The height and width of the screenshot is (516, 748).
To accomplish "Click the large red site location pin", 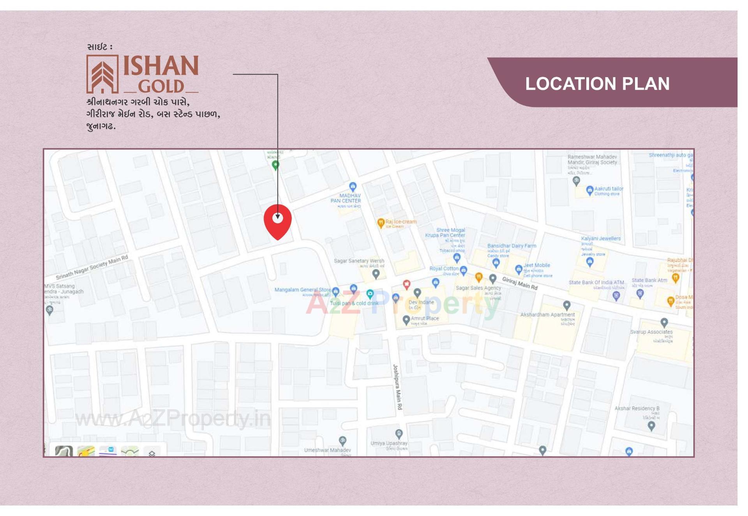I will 277,221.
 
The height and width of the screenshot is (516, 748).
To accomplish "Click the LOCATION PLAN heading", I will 597,84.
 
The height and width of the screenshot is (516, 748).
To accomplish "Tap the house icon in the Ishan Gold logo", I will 102,74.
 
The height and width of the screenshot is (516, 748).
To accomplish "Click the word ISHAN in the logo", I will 161,66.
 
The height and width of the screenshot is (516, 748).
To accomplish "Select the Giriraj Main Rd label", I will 520,283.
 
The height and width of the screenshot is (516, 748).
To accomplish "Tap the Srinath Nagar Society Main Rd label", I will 92,267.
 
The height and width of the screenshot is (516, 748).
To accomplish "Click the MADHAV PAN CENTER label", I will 346,198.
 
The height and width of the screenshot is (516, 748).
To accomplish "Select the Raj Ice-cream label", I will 401,222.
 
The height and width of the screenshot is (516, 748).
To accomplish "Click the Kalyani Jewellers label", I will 601,238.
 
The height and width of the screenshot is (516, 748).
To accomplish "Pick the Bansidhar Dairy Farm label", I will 512,246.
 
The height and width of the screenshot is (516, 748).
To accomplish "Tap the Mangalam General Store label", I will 302,290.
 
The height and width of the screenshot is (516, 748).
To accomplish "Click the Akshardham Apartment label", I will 547,315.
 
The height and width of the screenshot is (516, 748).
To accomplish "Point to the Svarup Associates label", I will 651,332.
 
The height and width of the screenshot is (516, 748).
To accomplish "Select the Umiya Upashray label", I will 389,443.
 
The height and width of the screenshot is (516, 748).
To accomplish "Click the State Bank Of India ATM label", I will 596,282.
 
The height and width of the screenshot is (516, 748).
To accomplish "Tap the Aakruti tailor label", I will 609,189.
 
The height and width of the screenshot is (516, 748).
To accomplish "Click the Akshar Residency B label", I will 637,408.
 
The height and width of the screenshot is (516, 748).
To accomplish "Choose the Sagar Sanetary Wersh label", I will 359,261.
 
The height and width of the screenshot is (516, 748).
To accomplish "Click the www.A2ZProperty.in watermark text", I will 173,419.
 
